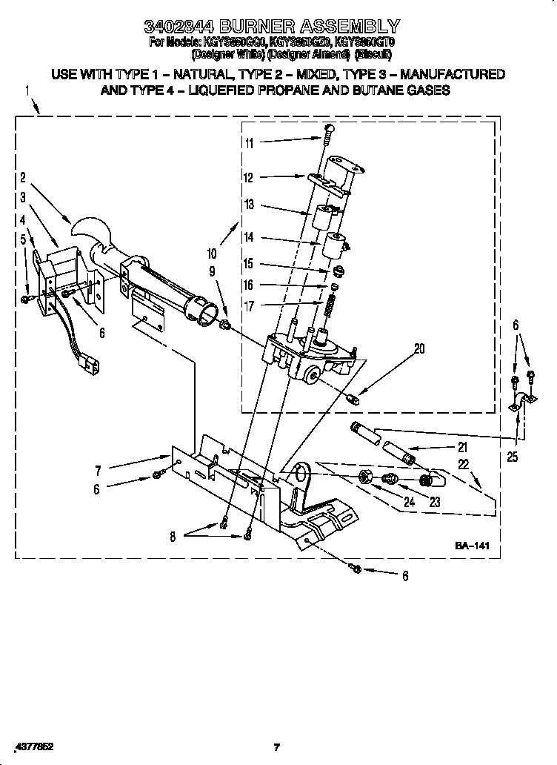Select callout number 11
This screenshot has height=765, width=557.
pos(250,143)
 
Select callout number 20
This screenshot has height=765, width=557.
pos(419,349)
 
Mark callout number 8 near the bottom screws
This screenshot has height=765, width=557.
pos(173,537)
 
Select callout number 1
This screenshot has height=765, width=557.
pos(27,92)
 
